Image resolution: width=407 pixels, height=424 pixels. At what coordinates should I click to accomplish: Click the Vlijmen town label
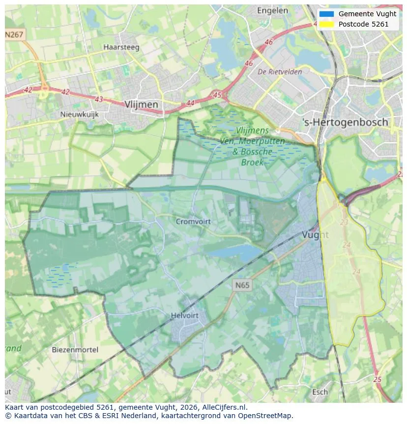tap(142, 104)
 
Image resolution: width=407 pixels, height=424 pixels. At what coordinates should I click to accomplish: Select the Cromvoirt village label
tap(193, 222)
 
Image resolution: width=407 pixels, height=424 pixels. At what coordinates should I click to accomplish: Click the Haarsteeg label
tap(121, 47)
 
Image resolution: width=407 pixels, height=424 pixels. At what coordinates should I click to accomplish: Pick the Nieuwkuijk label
tap(79, 114)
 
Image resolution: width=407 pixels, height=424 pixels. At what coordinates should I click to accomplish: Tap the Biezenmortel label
tap(75, 350)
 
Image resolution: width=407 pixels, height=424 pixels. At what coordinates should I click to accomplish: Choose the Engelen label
tap(272, 10)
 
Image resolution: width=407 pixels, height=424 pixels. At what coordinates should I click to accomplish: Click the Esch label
tap(320, 392)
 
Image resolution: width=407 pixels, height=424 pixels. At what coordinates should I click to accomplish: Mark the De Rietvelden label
tap(280, 72)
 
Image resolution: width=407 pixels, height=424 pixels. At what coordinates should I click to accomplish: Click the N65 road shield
tap(242, 285)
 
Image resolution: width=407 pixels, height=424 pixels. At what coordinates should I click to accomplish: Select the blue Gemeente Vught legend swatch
tap(326, 14)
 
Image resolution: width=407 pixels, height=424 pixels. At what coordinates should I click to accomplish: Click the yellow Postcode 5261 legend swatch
tap(326, 24)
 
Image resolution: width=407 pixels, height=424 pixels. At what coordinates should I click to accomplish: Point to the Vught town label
tap(315, 235)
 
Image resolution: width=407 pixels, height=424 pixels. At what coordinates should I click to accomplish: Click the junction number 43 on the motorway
tap(99, 99)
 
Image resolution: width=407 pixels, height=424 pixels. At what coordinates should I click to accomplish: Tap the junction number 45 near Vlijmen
tap(217, 95)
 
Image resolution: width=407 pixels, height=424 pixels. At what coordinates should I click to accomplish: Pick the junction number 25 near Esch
tap(377, 379)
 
